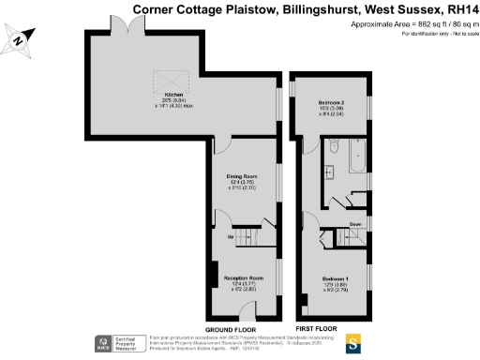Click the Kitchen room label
(173, 95)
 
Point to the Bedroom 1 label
(336, 279)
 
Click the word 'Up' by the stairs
(231, 237)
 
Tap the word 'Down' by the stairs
(356, 224)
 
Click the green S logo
(352, 342)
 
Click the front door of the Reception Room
(242, 322)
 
